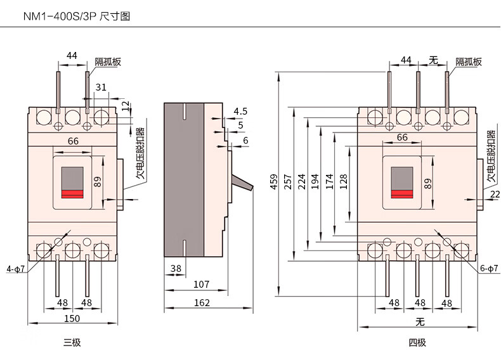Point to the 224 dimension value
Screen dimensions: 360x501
301,184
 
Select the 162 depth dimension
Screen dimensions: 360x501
202,303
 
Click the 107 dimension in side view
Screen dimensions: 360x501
201,285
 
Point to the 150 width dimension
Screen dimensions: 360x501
72,318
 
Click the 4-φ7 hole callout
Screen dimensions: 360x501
15,269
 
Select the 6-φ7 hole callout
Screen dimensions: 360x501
487,269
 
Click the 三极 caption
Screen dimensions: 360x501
72,343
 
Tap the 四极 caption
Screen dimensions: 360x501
417,343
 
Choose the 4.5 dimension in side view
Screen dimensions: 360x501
240,111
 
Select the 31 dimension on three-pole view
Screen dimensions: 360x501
101,87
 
